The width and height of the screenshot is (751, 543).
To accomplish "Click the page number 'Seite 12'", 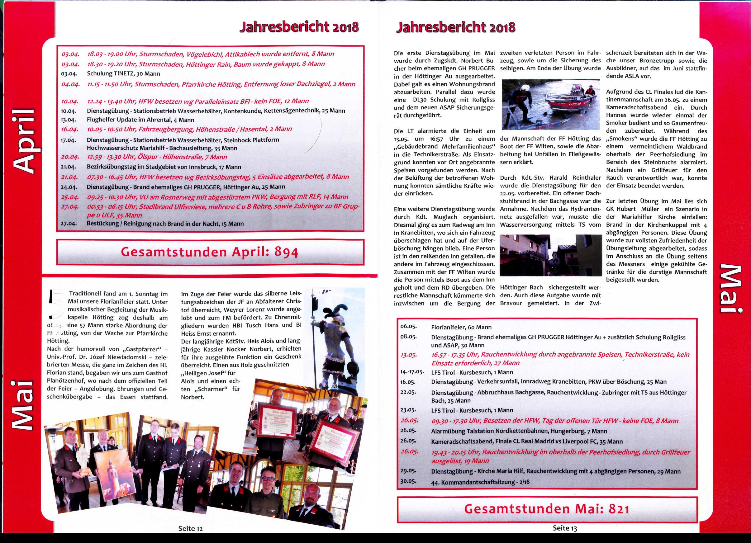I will click(x=190, y=528).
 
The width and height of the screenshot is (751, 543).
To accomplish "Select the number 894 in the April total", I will click(x=287, y=253).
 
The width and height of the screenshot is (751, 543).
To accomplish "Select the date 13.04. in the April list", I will click(x=69, y=120).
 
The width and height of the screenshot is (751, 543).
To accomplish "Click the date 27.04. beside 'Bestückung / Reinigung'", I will click(x=69, y=223).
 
